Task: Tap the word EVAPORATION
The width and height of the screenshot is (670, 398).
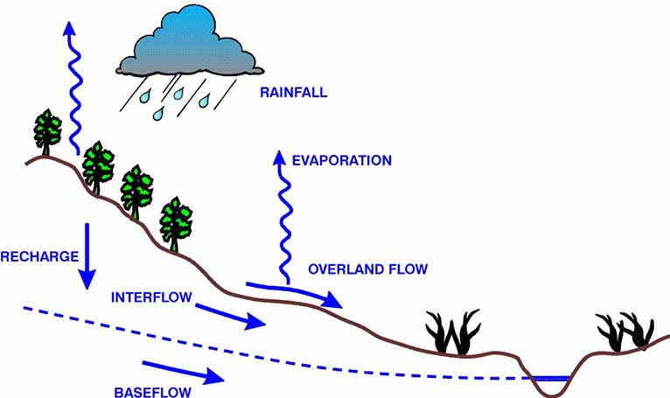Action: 342,161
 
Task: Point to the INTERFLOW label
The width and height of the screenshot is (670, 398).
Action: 150,297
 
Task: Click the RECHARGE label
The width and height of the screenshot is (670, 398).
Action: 39,257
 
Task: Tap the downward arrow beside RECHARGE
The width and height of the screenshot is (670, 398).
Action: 87,255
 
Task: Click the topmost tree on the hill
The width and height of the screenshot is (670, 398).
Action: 48,132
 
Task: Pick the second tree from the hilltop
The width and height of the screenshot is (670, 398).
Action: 97,166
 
